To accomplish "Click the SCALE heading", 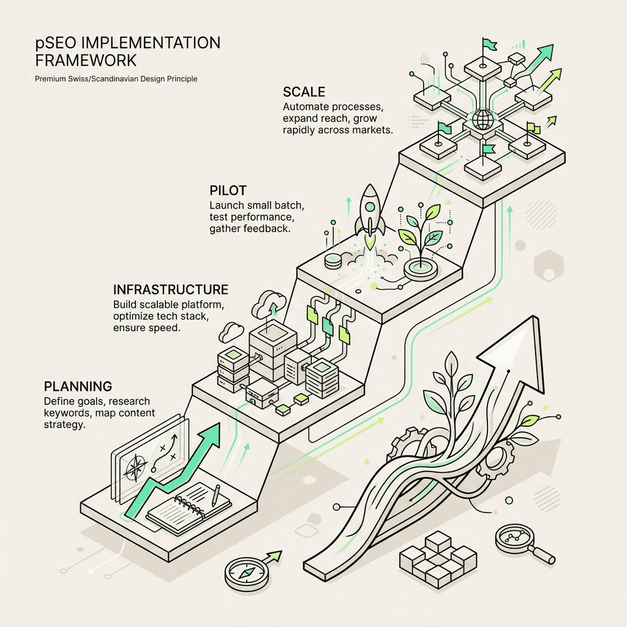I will pos(304,92).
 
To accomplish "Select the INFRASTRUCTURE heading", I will pos(171,289).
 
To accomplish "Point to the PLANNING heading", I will pos(78,386).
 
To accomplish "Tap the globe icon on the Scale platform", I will pos(482,119).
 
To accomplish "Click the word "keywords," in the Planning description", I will pos(67,413).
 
